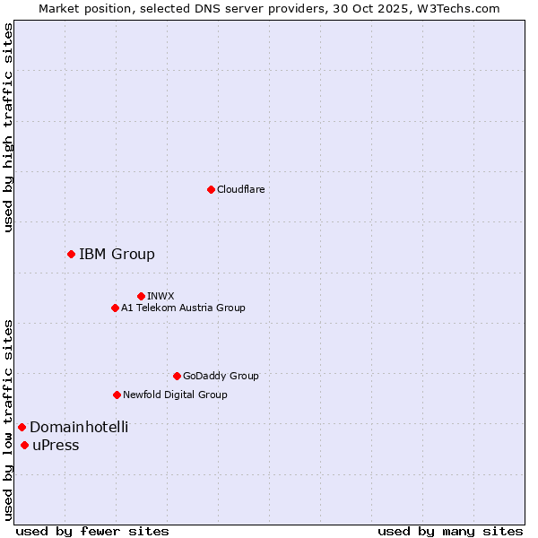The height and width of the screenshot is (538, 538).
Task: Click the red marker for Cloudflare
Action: (211, 189)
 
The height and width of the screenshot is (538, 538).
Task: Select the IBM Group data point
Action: (71, 255)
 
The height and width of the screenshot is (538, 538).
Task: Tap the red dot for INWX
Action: (141, 296)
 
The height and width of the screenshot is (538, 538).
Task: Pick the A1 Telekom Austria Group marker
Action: (115, 308)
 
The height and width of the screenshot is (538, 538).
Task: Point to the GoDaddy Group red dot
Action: (177, 376)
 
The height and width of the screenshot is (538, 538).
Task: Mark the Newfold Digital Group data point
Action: (117, 395)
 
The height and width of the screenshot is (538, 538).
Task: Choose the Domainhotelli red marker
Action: (22, 427)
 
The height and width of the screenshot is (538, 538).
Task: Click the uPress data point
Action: (24, 446)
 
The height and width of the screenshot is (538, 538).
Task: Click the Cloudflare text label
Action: (240, 189)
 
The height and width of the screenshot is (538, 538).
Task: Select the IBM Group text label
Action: (117, 255)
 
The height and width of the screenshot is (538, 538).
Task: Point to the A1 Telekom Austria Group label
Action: (183, 308)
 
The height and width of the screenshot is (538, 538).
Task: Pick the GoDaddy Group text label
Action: (221, 376)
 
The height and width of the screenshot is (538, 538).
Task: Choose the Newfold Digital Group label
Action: (175, 395)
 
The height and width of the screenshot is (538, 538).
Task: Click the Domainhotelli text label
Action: (79, 427)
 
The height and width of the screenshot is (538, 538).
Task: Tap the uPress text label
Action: (56, 446)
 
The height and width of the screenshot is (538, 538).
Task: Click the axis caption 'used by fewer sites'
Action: (92, 531)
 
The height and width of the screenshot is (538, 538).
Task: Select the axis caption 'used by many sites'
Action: (450, 531)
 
